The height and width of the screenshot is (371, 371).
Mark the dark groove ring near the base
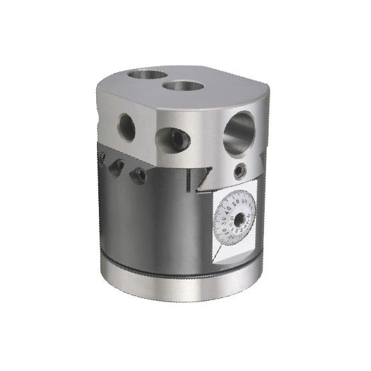point(180,274)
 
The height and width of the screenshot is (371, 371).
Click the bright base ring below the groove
point(180,287)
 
